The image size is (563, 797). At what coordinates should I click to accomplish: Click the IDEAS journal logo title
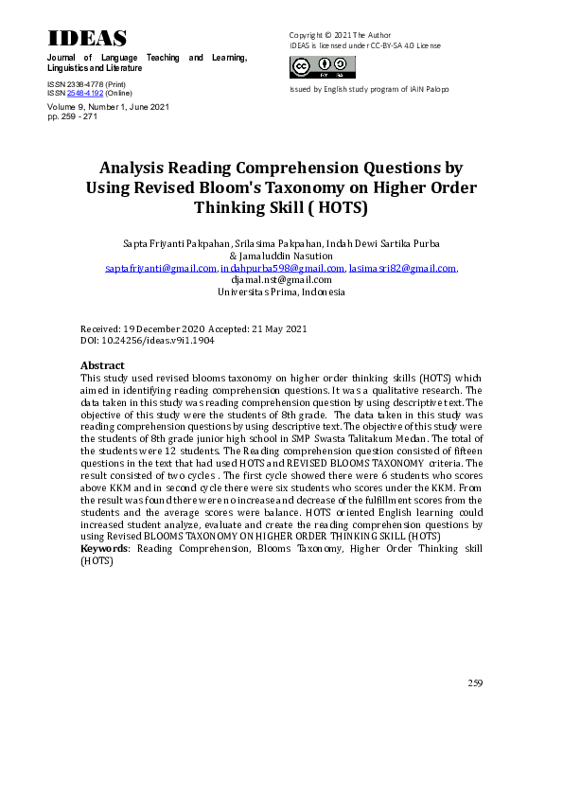(x=87, y=38)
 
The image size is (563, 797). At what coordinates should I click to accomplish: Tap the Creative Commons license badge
(x=323, y=66)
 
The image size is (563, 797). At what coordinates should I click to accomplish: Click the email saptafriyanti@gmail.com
(x=161, y=269)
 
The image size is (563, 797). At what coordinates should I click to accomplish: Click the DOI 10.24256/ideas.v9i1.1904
(x=160, y=339)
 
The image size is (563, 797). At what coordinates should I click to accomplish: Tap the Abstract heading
(x=102, y=364)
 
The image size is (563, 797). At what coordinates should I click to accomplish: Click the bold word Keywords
(x=105, y=549)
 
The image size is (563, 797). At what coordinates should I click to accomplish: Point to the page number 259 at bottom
(x=475, y=682)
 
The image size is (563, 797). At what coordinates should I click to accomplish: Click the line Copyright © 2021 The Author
(x=340, y=35)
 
